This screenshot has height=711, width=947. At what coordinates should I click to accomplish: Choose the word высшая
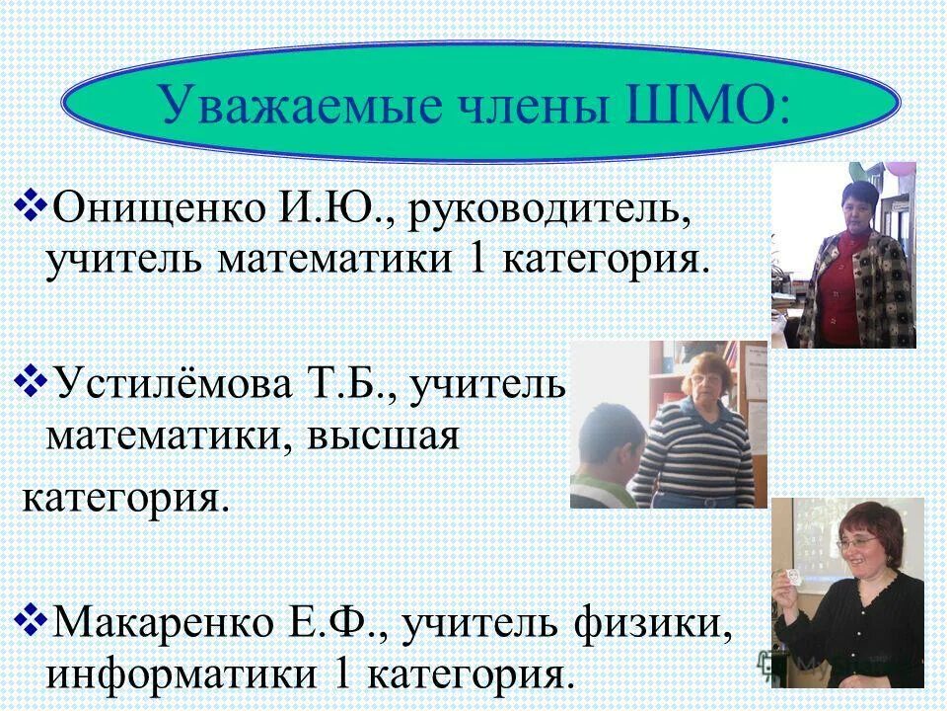tap(387, 434)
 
